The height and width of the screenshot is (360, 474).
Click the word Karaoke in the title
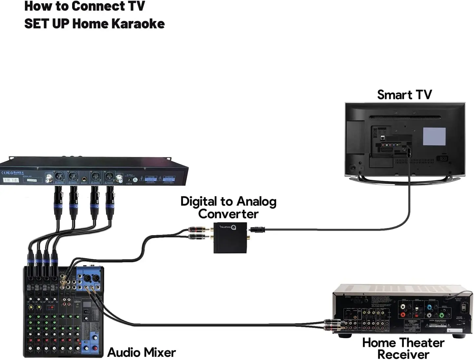click(138, 24)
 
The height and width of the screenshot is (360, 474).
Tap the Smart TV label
click(404, 95)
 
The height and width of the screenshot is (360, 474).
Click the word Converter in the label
click(228, 214)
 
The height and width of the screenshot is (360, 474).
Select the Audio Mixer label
click(141, 352)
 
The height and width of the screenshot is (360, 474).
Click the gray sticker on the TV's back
click(434, 136)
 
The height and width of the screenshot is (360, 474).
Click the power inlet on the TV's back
click(443, 159)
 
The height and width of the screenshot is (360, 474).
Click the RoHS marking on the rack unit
click(17, 172)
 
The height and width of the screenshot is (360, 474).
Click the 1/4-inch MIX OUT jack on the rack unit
click(85, 179)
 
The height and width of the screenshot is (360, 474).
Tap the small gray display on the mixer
click(87, 305)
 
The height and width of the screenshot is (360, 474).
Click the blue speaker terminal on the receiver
click(429, 308)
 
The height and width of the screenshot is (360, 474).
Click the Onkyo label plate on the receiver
click(413, 322)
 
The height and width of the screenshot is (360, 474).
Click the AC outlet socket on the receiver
click(464, 308)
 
